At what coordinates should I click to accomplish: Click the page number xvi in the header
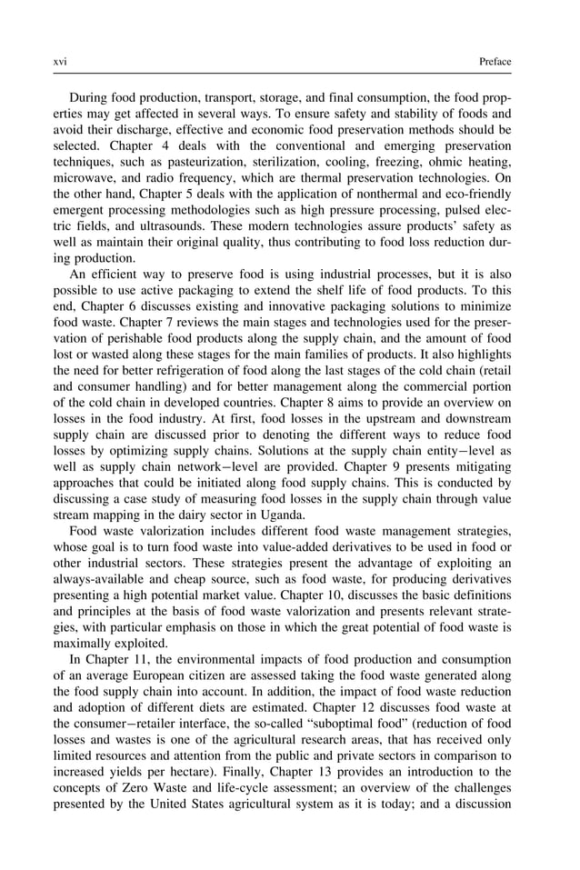point(61,62)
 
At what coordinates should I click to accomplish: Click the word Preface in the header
point(495,62)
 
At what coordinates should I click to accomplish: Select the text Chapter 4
point(142,155)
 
